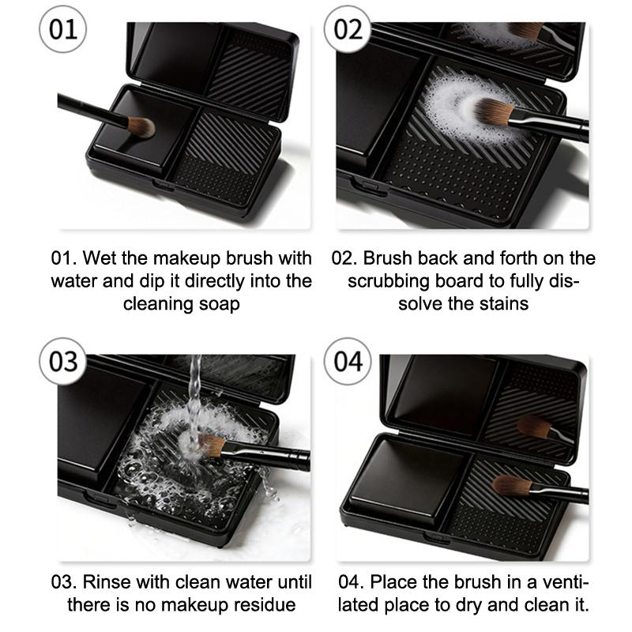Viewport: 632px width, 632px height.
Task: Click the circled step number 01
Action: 63,29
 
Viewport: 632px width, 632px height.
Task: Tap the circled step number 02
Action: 348,29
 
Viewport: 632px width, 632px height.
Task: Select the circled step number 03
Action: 63,362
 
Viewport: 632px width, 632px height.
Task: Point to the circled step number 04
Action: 348,362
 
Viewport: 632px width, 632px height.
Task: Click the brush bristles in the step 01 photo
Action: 141,127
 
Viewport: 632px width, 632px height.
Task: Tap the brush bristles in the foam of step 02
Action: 492,112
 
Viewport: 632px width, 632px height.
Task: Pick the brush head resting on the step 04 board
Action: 511,485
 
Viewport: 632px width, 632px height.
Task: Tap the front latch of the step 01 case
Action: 164,185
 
